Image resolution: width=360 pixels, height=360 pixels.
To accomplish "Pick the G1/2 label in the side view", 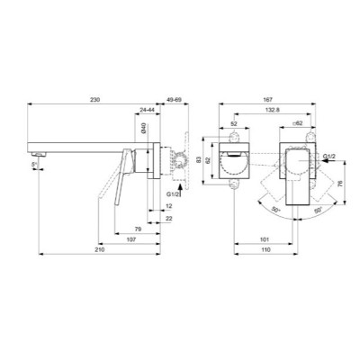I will tap(174, 193).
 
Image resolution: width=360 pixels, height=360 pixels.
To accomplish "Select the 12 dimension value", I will tap(169, 207).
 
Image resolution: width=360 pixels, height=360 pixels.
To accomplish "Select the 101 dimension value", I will tap(262, 240).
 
